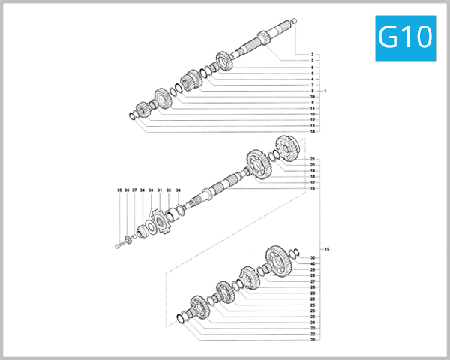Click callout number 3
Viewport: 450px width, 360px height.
pyautogui.click(x=311, y=55)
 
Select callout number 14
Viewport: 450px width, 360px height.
pyautogui.click(x=311, y=131)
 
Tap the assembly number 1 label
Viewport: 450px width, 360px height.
pyautogui.click(x=325, y=91)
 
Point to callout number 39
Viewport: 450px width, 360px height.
pyautogui.click(x=311, y=97)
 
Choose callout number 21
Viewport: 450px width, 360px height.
pyautogui.click(x=311, y=160)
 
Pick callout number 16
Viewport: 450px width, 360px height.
pyautogui.click(x=311, y=188)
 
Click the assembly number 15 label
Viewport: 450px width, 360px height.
pyautogui.click(x=325, y=248)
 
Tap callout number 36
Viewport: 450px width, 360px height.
pyautogui.click(x=119, y=190)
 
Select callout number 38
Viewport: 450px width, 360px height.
pyautogui.click(x=178, y=190)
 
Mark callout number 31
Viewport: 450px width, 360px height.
pyautogui.click(x=159, y=190)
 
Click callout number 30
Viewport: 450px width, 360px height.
pyautogui.click(x=311, y=258)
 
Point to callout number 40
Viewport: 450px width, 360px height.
pyautogui.click(x=311, y=264)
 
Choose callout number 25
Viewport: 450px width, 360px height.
pyautogui.click(x=311, y=304)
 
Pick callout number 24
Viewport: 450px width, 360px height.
pyautogui.click(x=311, y=322)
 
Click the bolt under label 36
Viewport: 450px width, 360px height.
pyautogui.click(x=120, y=245)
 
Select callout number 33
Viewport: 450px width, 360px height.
pyautogui.click(x=150, y=190)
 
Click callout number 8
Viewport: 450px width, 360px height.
pyautogui.click(x=311, y=91)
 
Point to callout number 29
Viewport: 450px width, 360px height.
pyautogui.click(x=311, y=270)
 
